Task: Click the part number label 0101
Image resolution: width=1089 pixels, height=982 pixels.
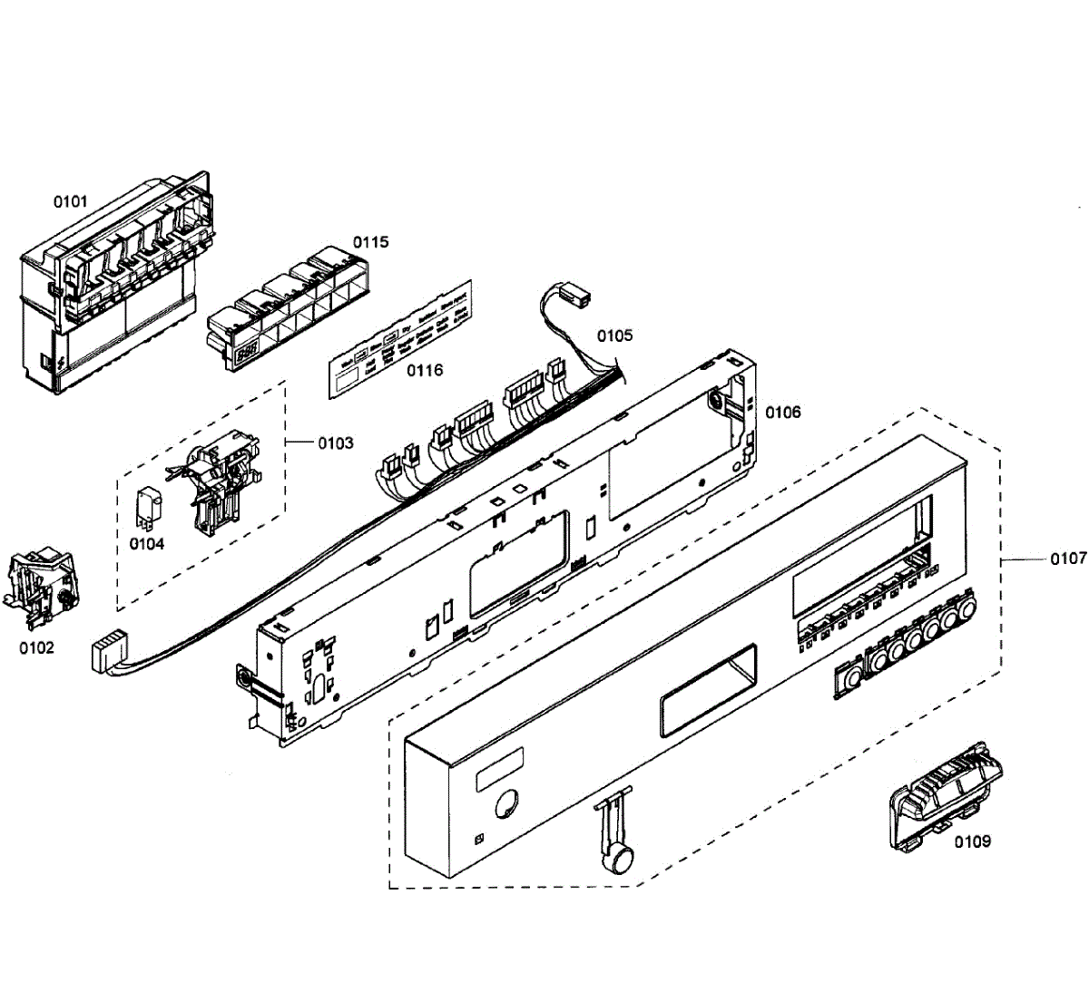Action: pos(70,200)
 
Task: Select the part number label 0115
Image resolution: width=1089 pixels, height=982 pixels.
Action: pos(370,242)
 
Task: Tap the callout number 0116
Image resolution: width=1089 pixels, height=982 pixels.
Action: pos(425,370)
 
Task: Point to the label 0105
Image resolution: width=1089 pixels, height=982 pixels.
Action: pos(614,335)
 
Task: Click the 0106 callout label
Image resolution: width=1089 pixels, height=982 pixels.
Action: pos(782,413)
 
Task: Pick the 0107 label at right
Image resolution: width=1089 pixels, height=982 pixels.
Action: pos(1068,559)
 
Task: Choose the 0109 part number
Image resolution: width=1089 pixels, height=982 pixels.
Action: pos(972,841)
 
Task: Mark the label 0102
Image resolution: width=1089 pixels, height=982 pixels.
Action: pos(35,647)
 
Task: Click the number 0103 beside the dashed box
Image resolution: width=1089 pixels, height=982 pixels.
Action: pos(335,443)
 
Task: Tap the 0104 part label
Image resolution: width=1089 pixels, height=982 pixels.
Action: pos(146,544)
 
